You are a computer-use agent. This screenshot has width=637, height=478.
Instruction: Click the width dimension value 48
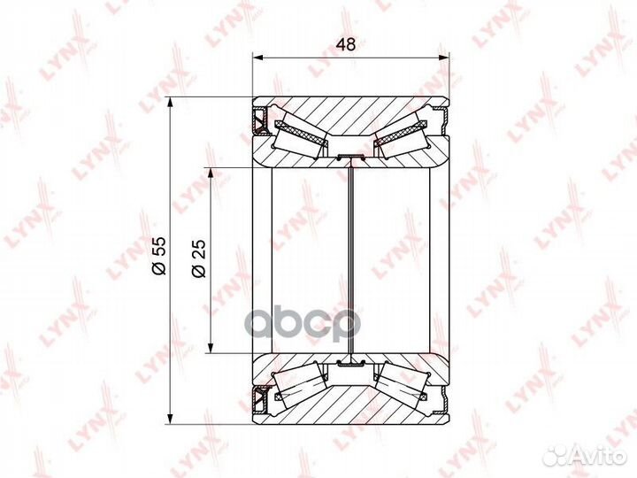(346, 44)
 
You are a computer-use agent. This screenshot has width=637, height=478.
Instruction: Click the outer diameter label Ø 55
(158, 256)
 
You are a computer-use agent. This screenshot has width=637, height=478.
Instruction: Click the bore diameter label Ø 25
(199, 258)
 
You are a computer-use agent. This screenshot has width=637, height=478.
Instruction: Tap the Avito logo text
(602, 457)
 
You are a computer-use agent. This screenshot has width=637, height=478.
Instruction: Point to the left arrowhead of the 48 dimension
(258, 58)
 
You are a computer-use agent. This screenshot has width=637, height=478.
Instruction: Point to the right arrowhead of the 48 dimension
(443, 58)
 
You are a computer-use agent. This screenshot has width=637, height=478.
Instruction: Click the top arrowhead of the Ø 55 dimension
(171, 103)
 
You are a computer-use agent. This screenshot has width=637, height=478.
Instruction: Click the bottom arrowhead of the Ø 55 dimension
(171, 419)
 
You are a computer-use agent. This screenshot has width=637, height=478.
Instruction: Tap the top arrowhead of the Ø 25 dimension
(211, 173)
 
